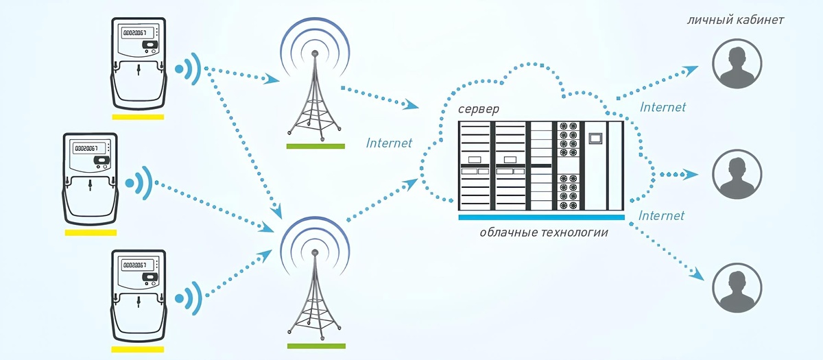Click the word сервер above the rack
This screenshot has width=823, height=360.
(479, 110)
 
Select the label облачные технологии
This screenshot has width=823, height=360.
(544, 232)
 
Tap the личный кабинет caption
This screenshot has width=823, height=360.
(735, 20)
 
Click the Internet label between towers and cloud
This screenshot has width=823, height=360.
(389, 143)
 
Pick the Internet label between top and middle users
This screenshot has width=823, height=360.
(662, 107)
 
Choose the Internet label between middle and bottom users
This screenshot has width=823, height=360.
(661, 216)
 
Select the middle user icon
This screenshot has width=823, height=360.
(737, 174)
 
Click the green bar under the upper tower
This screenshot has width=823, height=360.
(315, 146)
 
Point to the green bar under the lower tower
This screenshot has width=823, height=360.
(315, 346)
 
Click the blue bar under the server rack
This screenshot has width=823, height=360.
(541, 217)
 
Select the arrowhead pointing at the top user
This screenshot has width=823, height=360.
(692, 69)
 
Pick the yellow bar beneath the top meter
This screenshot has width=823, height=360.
(138, 117)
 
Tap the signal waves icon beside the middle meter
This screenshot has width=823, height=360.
(140, 182)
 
